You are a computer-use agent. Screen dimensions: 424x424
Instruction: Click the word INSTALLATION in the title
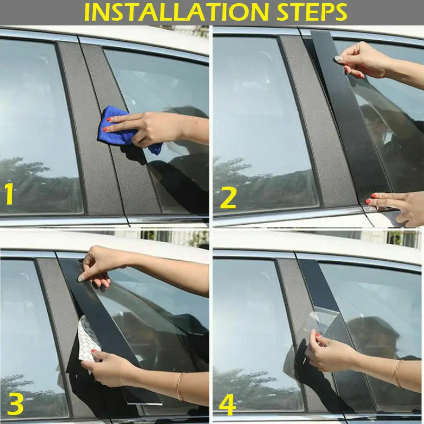point(176,12)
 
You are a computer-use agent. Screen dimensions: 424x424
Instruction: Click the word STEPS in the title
point(312,12)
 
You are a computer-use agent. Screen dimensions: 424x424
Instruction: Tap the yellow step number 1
point(9,193)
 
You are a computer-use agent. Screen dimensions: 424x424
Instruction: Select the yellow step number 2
point(228,198)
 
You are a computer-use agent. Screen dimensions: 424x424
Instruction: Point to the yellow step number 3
point(15,404)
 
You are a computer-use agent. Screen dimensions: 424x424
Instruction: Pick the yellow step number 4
point(227,404)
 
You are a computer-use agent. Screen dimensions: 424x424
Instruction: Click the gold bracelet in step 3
point(180,387)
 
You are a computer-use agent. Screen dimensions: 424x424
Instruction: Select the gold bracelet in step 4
point(397,373)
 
